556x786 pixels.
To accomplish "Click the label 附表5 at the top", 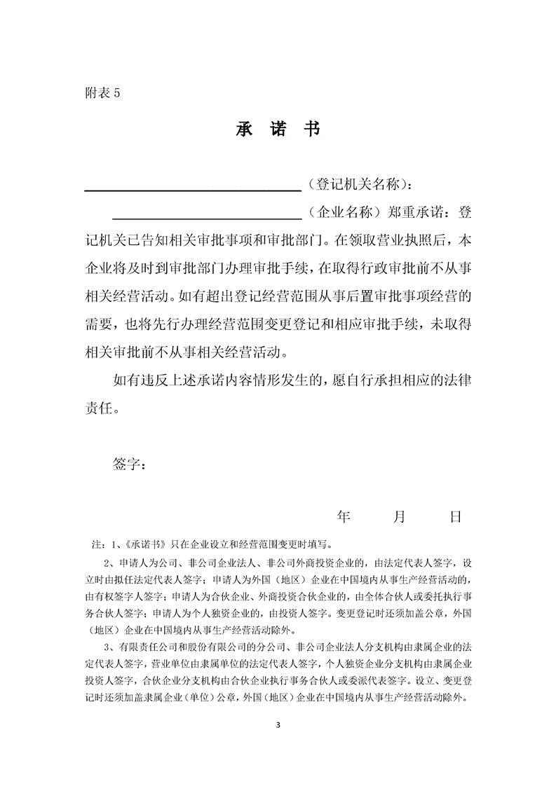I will click(102, 94).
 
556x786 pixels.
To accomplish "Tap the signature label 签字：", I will click(130, 464).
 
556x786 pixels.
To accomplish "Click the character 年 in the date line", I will click(344, 518).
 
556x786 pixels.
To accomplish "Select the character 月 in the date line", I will click(400, 518).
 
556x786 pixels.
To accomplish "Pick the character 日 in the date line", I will click(455, 518).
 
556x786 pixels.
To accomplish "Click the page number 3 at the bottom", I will click(278, 724).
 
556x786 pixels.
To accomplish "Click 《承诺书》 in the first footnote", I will click(145, 544).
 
